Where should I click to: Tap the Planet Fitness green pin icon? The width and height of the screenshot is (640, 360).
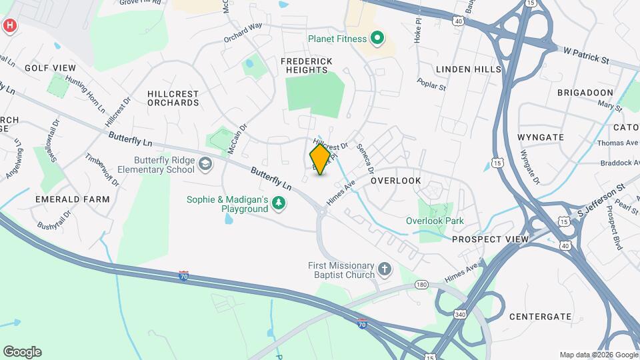[x=377, y=38]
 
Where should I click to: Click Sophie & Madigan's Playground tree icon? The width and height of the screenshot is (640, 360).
[x=279, y=204]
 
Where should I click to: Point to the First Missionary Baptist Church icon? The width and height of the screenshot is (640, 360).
[x=384, y=269]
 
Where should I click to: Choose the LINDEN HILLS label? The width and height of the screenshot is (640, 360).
[x=468, y=69]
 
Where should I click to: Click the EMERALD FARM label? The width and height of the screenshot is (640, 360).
[x=64, y=199]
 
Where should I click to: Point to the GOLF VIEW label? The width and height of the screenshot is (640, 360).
[x=50, y=68]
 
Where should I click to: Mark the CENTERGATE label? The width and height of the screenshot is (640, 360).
[x=540, y=316]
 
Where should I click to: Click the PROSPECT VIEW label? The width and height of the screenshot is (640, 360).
[x=490, y=239]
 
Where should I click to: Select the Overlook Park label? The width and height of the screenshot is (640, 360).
[x=435, y=221]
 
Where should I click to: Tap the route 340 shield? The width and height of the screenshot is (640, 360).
[x=459, y=313]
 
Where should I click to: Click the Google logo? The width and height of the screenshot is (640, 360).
[x=22, y=352]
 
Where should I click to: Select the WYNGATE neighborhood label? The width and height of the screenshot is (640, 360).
[x=540, y=137]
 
